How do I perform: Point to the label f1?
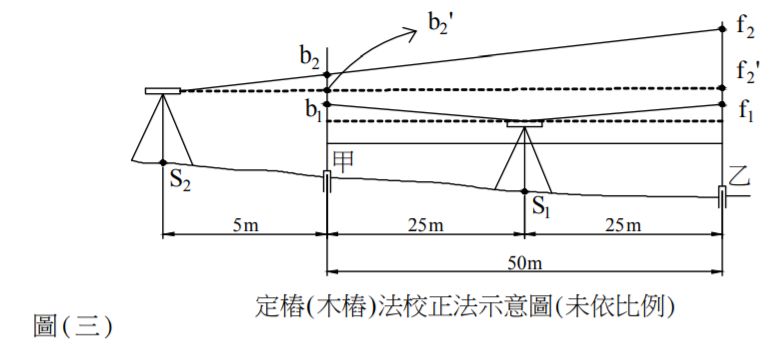pos(746,112)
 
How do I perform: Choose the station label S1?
pos(541,208)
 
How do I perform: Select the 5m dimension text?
pos(244,224)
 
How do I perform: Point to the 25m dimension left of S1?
pos(425,224)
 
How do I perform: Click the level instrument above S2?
pos(162,91)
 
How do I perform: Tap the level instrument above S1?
pos(524,125)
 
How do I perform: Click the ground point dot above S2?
pos(162,162)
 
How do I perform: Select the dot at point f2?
pos(723,29)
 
